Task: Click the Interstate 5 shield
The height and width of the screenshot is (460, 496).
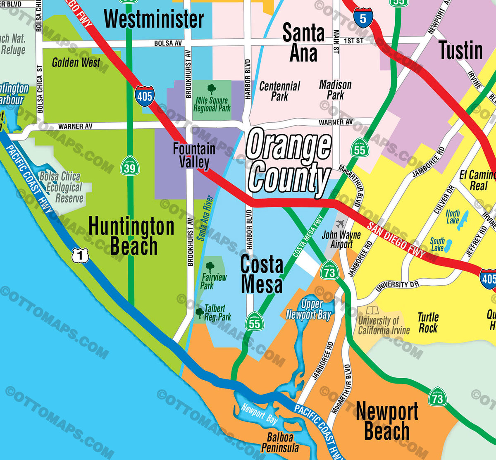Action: tap(363, 18)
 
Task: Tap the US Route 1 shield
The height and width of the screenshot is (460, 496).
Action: tap(80, 256)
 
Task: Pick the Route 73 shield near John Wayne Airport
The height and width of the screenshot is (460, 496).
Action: tap(329, 272)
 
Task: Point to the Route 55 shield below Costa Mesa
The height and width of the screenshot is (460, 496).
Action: tap(254, 322)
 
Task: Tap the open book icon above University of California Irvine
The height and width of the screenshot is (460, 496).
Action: tap(372, 310)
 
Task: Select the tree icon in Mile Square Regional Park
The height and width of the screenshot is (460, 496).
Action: tap(212, 89)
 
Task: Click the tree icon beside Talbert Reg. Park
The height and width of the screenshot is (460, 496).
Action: tap(200, 312)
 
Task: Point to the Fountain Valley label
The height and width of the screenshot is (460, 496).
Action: tap(194, 155)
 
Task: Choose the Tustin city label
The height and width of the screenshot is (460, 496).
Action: tap(460, 50)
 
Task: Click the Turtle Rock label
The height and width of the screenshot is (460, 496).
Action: tap(428, 323)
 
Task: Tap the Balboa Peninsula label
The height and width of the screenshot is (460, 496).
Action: tap(280, 442)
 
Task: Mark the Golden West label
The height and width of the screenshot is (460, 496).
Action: tap(76, 63)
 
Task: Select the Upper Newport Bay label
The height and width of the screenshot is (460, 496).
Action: tap(309, 310)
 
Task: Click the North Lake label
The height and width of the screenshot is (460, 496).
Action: tap(453, 217)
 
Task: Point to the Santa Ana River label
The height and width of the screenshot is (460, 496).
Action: tap(205, 218)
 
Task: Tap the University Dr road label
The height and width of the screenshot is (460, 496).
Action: tap(397, 285)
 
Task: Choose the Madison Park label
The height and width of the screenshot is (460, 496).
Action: tap(335, 90)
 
